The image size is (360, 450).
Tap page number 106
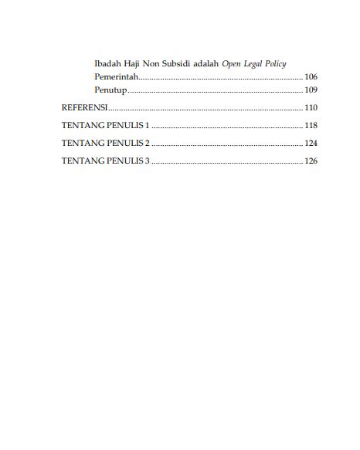311,76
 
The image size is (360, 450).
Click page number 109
311,91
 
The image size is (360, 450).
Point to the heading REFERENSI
83,107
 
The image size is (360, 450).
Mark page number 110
311,107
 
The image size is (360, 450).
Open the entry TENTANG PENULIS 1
105,125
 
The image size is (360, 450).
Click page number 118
311,125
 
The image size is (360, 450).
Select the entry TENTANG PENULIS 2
105,144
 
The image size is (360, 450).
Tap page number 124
311,144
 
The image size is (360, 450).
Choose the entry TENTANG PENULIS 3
105,161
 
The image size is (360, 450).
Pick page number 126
311,161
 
